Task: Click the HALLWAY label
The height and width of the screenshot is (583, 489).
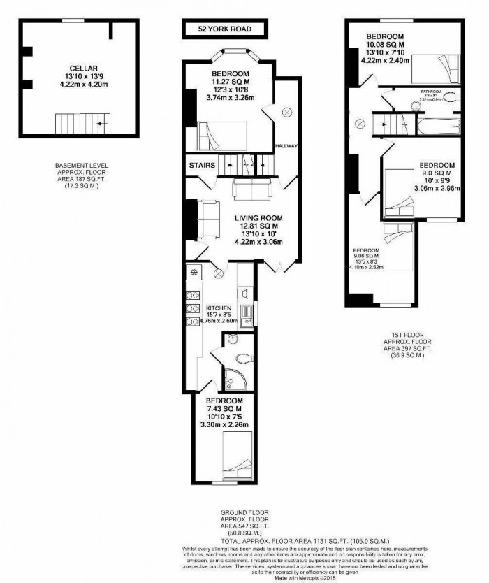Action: pos(287,146)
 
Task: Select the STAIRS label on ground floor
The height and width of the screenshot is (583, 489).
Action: pos(200,165)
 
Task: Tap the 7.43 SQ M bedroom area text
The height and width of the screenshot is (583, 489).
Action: pos(224,409)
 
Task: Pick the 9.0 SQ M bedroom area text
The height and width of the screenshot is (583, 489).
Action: pos(435,173)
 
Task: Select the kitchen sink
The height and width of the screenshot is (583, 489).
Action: pos(247,311)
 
